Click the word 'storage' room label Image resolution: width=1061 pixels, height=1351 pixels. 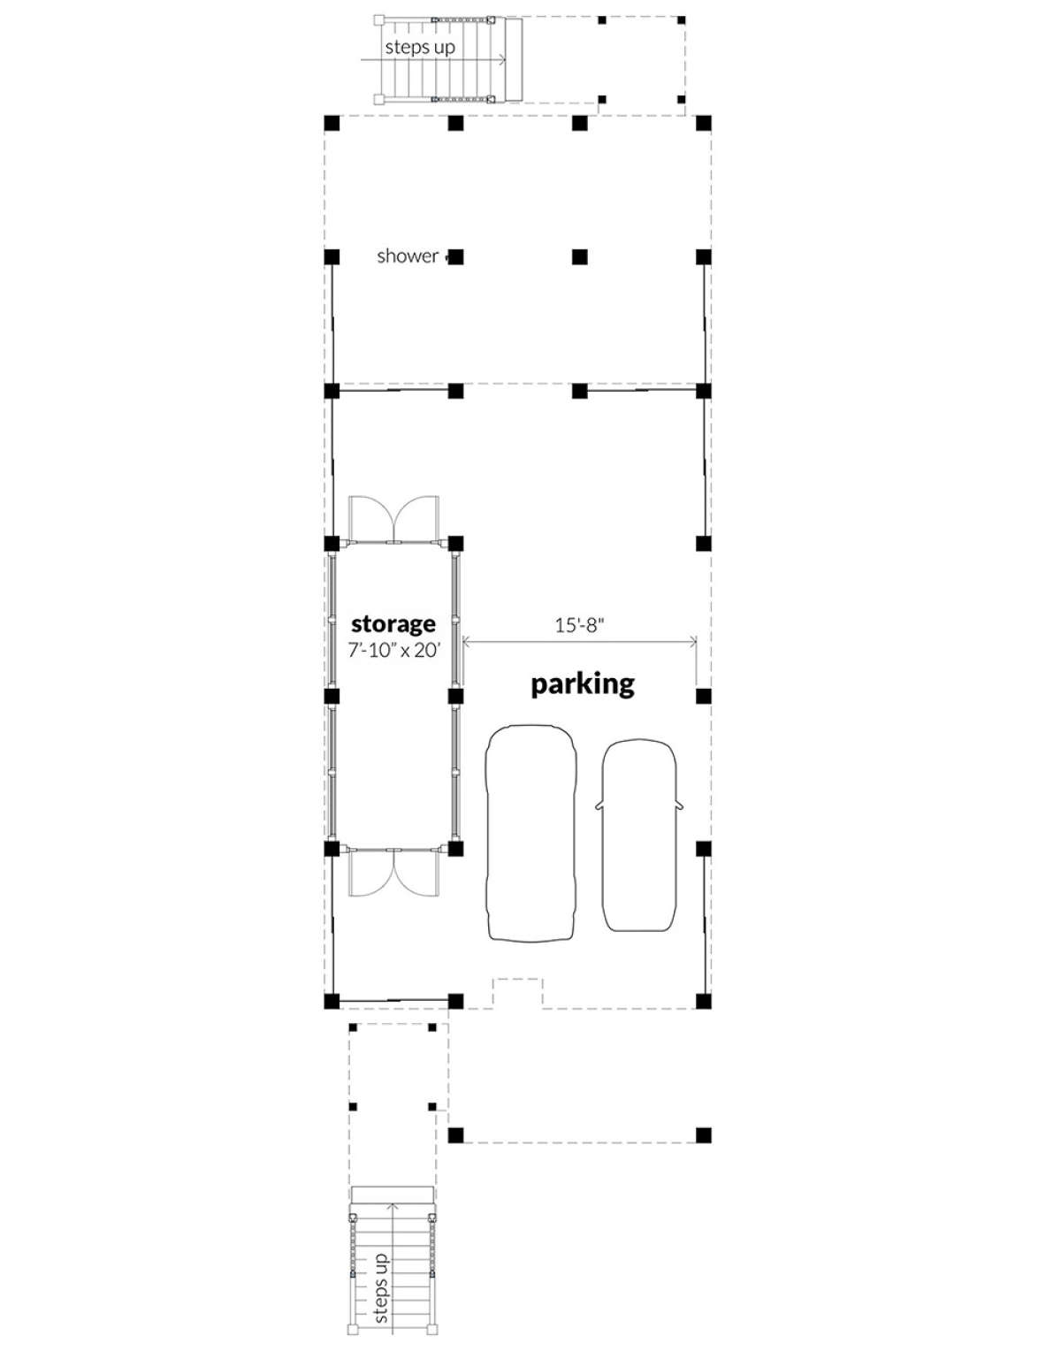click(x=393, y=624)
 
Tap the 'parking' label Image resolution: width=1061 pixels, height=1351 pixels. click(x=583, y=684)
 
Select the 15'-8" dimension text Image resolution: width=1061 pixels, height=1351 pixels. click(x=579, y=625)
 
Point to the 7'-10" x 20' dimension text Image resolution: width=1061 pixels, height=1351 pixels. click(x=394, y=651)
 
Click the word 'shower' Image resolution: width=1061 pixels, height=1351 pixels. click(x=407, y=256)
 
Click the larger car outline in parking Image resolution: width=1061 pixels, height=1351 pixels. click(x=530, y=834)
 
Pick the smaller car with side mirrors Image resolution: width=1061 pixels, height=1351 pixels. click(x=639, y=835)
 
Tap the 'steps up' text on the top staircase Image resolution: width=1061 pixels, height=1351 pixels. click(x=420, y=48)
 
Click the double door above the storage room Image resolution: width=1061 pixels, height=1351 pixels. click(x=394, y=520)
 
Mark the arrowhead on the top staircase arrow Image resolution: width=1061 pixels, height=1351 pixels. click(x=503, y=60)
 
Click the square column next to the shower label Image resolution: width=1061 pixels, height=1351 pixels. click(x=456, y=256)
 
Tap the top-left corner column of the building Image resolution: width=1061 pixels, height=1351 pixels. click(x=332, y=123)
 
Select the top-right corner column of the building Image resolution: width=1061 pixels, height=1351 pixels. click(x=704, y=123)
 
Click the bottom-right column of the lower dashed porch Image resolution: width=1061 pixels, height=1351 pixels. click(x=704, y=1135)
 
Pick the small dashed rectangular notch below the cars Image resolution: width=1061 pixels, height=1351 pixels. click(x=518, y=980)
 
